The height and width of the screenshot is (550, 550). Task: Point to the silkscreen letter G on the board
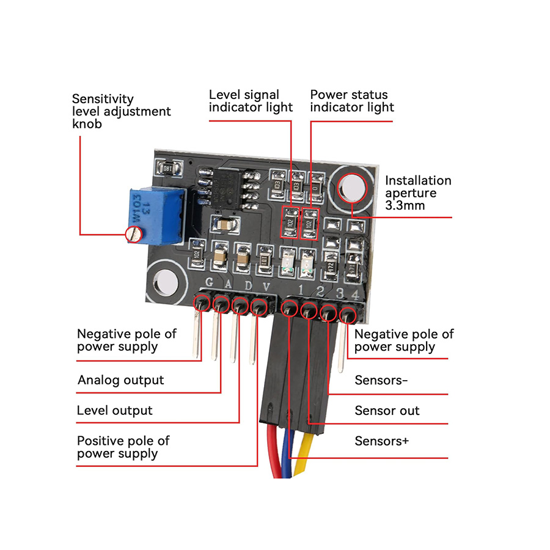(210, 284)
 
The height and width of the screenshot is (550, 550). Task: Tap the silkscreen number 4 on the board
(355, 294)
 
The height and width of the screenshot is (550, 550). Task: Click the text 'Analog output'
(120, 380)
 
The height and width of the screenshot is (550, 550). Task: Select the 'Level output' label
(114, 411)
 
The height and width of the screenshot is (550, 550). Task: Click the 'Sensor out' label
(387, 411)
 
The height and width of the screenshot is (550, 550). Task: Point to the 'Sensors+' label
(381, 441)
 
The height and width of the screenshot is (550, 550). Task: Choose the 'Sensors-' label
(381, 380)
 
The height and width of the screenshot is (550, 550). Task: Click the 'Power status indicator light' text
(351, 101)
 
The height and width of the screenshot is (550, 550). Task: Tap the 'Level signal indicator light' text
(251, 101)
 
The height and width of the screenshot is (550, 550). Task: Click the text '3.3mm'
(405, 206)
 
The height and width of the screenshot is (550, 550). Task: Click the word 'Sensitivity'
(103, 98)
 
